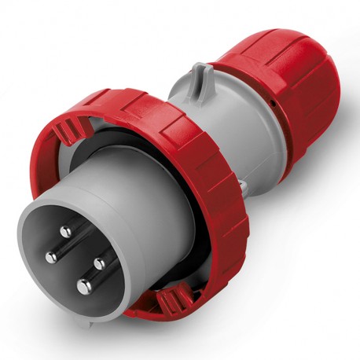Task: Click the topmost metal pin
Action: point(64,231)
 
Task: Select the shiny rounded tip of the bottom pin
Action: point(81,288)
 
